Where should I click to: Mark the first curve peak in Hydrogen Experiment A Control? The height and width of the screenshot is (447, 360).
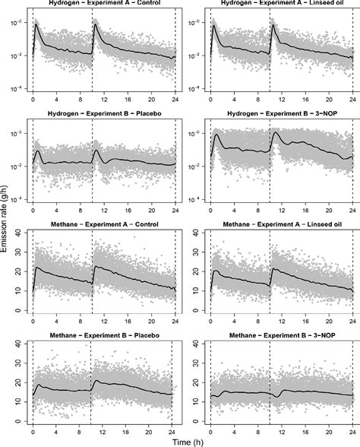[x=36, y=25]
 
